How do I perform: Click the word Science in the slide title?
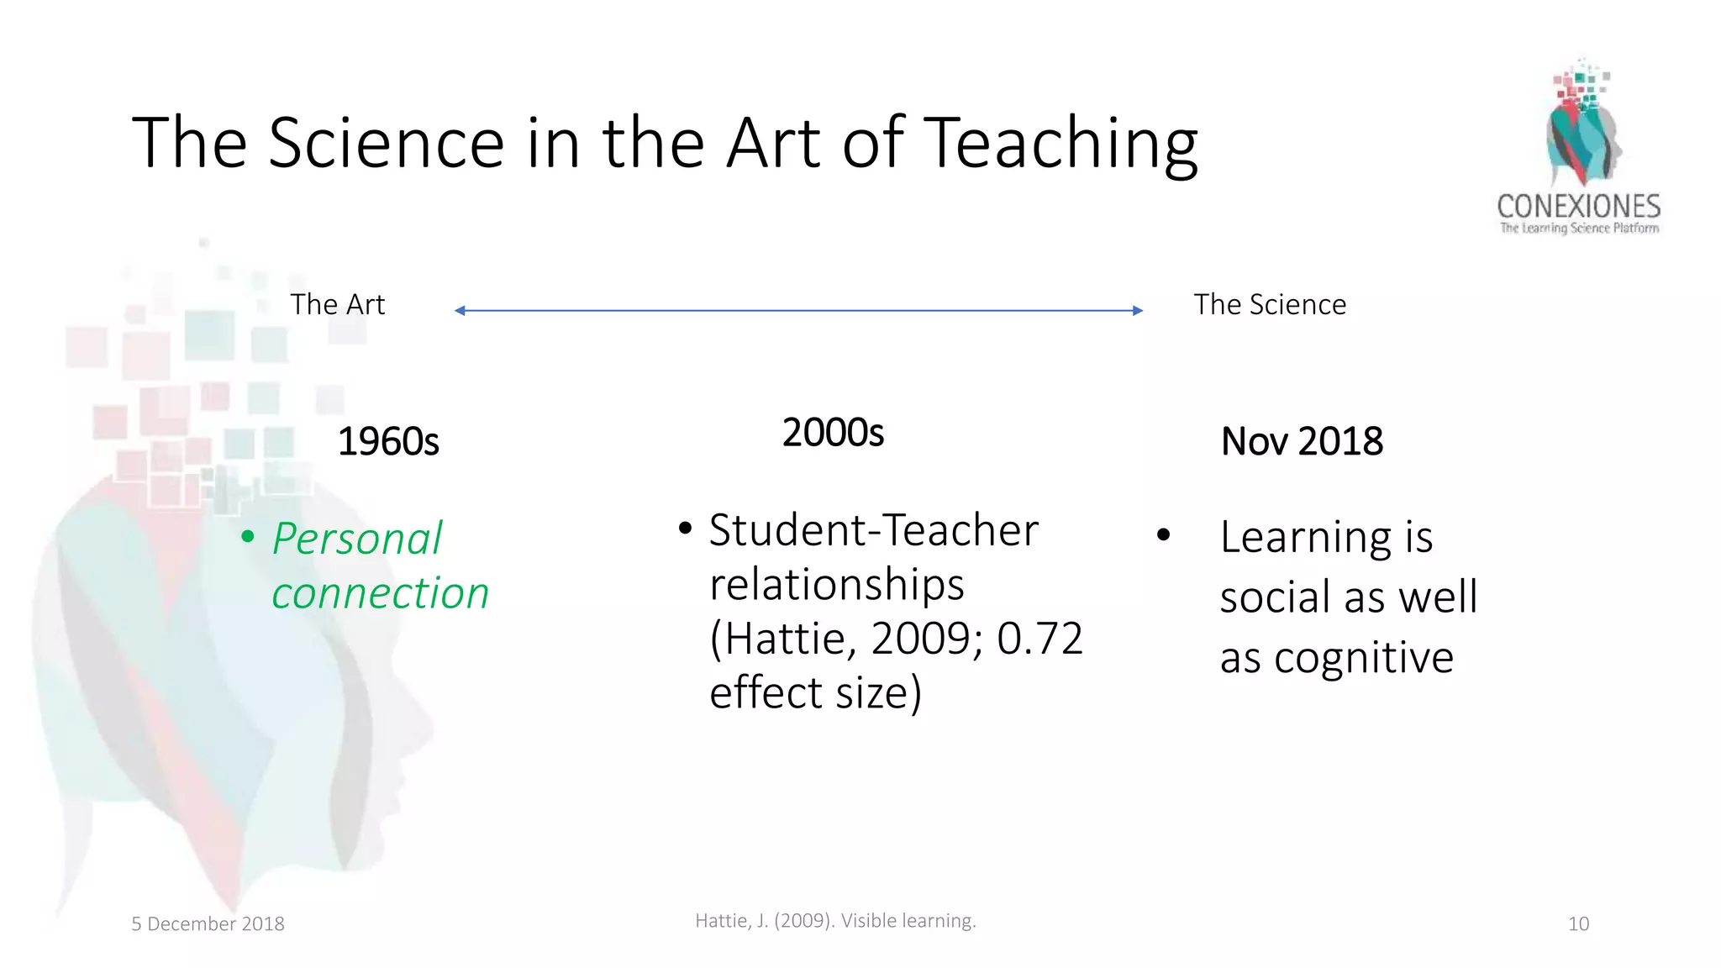386,143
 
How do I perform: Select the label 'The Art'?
337,304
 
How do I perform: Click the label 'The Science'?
1270,304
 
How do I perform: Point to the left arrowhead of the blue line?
460,311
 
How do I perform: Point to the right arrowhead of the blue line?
1138,311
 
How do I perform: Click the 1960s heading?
388,442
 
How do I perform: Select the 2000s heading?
833,433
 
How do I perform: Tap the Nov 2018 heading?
1302,441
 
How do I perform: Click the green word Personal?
357,539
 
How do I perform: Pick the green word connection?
380,593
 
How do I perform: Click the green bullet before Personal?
247,536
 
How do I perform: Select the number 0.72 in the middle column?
1039,639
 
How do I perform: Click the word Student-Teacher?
874,530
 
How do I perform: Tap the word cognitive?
1363,657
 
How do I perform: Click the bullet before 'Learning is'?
1163,535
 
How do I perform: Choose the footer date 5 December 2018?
208,923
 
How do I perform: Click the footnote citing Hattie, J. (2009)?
835,920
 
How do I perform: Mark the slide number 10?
1578,923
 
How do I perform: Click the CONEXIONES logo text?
1578,206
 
